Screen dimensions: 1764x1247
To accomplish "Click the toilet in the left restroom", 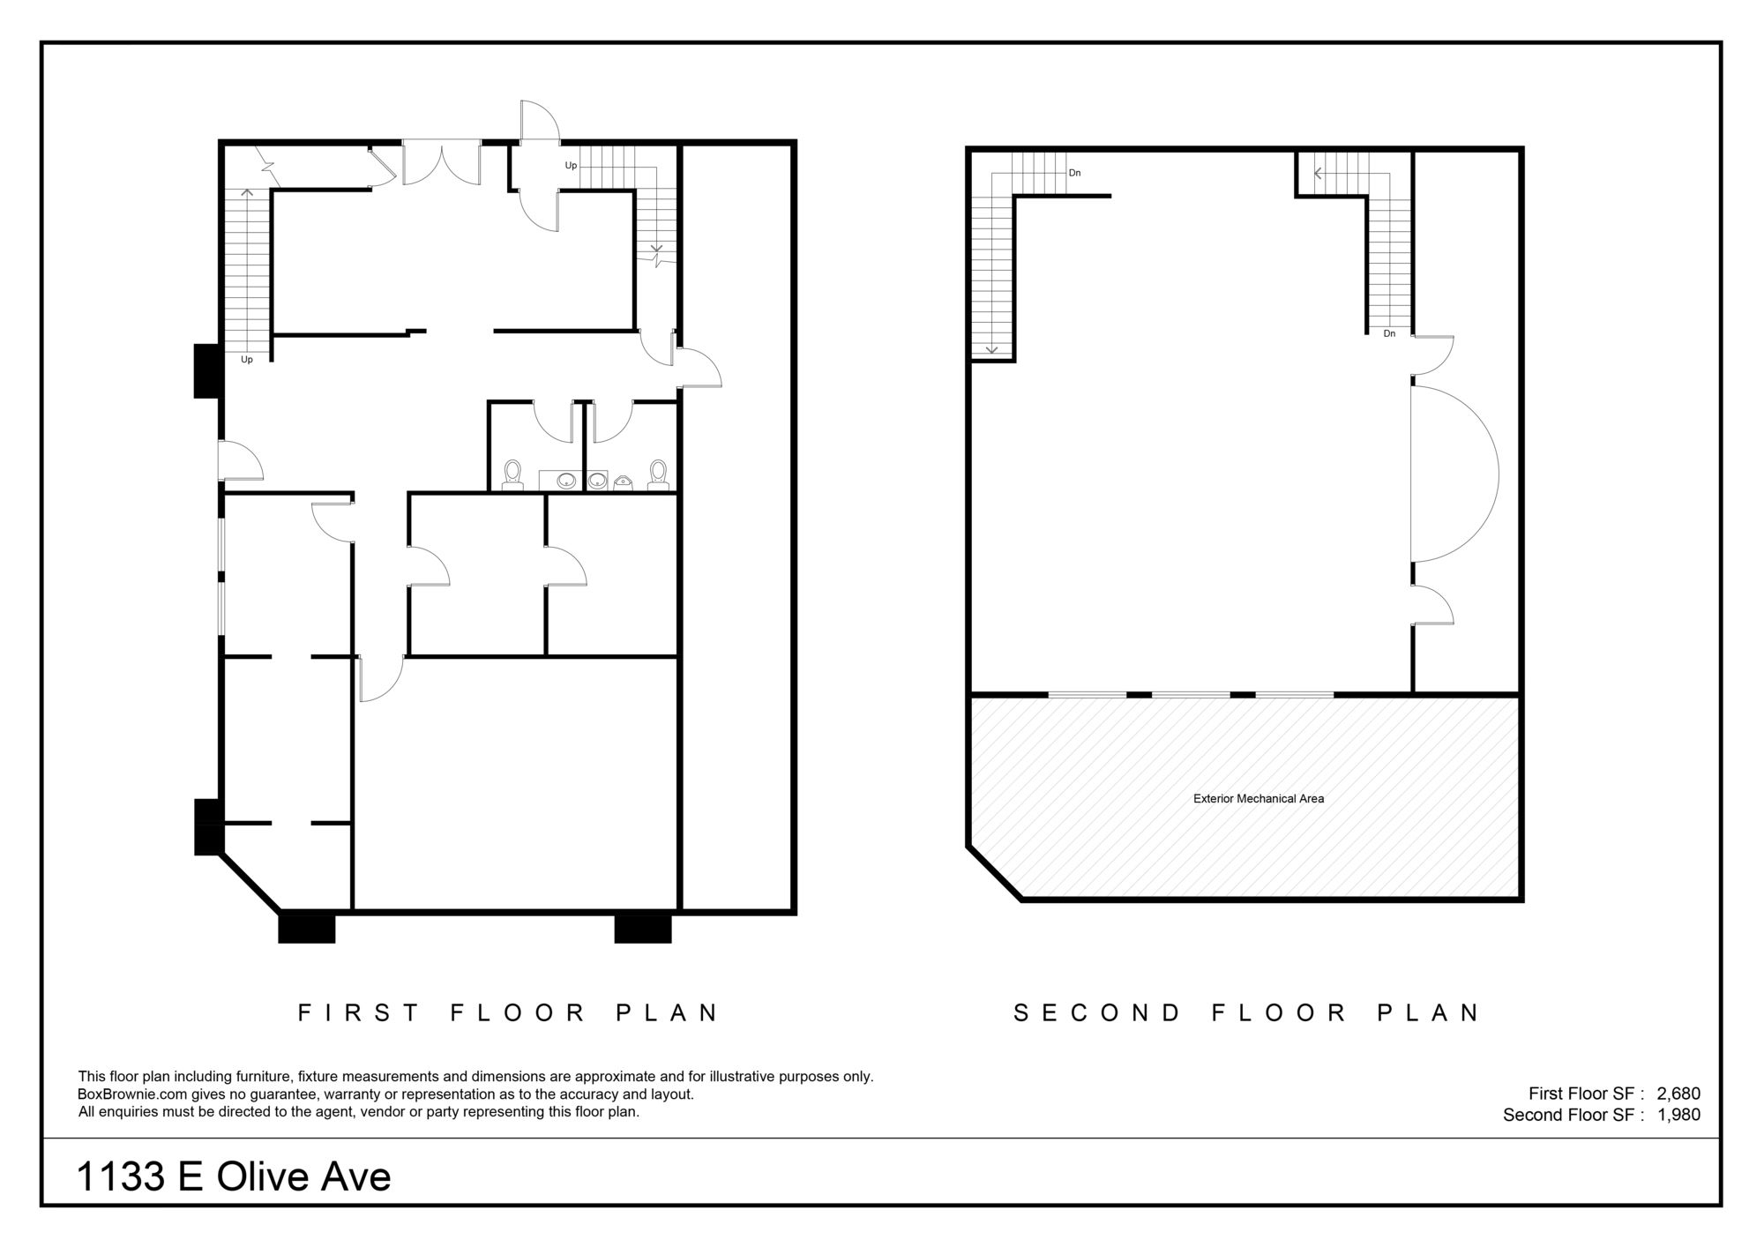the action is pyautogui.click(x=512, y=474).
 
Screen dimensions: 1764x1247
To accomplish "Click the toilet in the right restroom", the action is pyautogui.click(x=658, y=474).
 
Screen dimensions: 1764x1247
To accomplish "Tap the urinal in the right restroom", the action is pyautogui.click(x=624, y=482).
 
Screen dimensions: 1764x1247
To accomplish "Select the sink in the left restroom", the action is pyautogui.click(x=566, y=481).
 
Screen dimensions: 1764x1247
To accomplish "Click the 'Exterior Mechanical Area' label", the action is pyautogui.click(x=1259, y=799).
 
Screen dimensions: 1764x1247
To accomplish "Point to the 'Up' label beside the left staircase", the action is pyautogui.click(x=247, y=360).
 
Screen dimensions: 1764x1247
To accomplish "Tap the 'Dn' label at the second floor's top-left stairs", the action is pyautogui.click(x=1074, y=173).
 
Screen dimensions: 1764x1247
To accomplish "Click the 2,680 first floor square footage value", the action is pyautogui.click(x=1678, y=1094).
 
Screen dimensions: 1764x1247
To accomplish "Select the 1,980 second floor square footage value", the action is pyautogui.click(x=1678, y=1115).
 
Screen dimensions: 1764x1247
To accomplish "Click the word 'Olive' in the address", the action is pyautogui.click(x=259, y=1176).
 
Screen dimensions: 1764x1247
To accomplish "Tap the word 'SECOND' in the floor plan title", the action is pyautogui.click(x=1097, y=1012).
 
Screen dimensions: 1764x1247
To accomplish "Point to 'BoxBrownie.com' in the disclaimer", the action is pyautogui.click(x=132, y=1094).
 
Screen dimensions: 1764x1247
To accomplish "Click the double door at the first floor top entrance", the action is pyautogui.click(x=442, y=163).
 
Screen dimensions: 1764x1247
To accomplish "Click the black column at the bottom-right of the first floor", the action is pyautogui.click(x=643, y=929).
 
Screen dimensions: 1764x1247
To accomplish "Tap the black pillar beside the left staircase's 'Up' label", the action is pyautogui.click(x=207, y=371).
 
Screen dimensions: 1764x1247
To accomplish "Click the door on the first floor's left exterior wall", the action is pyautogui.click(x=241, y=459).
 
